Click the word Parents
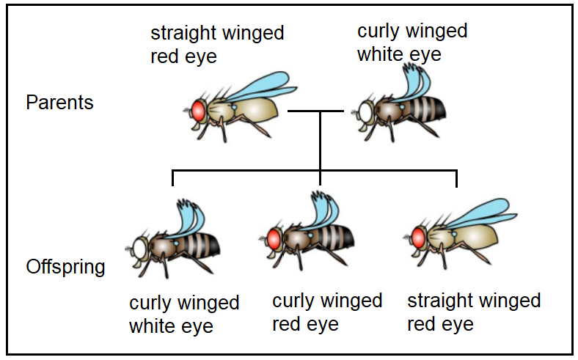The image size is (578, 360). click(59, 103)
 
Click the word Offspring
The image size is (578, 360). click(65, 267)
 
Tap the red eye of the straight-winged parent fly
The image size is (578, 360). click(198, 110)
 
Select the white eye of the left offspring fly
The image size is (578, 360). click(140, 246)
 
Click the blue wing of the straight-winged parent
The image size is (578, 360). click(253, 86)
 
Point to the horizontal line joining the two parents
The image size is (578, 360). click(315, 111)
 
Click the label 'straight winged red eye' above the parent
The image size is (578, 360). click(216, 45)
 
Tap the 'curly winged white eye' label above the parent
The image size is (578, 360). click(411, 43)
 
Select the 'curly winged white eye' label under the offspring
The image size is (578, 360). click(184, 315)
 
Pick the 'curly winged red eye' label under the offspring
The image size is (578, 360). click(327, 312)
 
